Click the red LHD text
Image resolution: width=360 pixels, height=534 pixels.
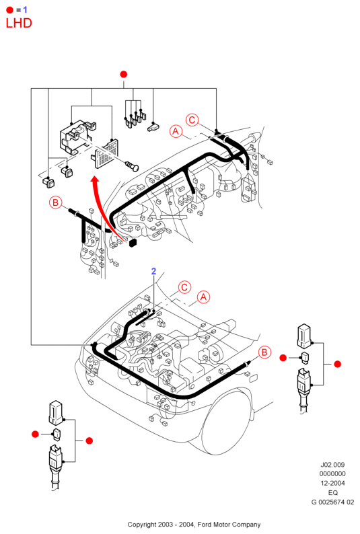coord(19,23)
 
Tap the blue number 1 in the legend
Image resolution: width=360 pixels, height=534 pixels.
coord(25,9)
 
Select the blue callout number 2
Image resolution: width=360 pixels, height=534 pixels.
coord(153,271)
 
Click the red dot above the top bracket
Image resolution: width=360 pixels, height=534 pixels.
coord(124,74)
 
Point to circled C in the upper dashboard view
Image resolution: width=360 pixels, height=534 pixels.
coord(192,120)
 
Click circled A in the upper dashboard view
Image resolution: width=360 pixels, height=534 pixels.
coord(176,131)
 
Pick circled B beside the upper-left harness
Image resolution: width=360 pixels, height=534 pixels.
coord(55,202)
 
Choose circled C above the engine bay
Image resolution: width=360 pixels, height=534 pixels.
coord(184,287)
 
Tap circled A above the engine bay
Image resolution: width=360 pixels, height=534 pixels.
coord(203,297)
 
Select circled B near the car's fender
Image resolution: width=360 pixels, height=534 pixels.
coord(264,352)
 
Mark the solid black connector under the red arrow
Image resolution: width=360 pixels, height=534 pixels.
coord(133,243)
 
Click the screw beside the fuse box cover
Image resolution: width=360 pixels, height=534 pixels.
coord(132,166)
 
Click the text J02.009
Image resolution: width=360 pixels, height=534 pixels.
coord(332,465)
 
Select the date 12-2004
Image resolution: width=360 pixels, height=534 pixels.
coord(332,483)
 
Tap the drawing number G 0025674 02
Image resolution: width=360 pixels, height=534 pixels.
coord(332,502)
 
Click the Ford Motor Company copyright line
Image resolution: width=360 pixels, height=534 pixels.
coord(194,525)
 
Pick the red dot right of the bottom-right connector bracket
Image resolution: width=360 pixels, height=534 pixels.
coord(338,364)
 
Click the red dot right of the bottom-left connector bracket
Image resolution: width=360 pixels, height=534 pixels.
coord(89,441)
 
